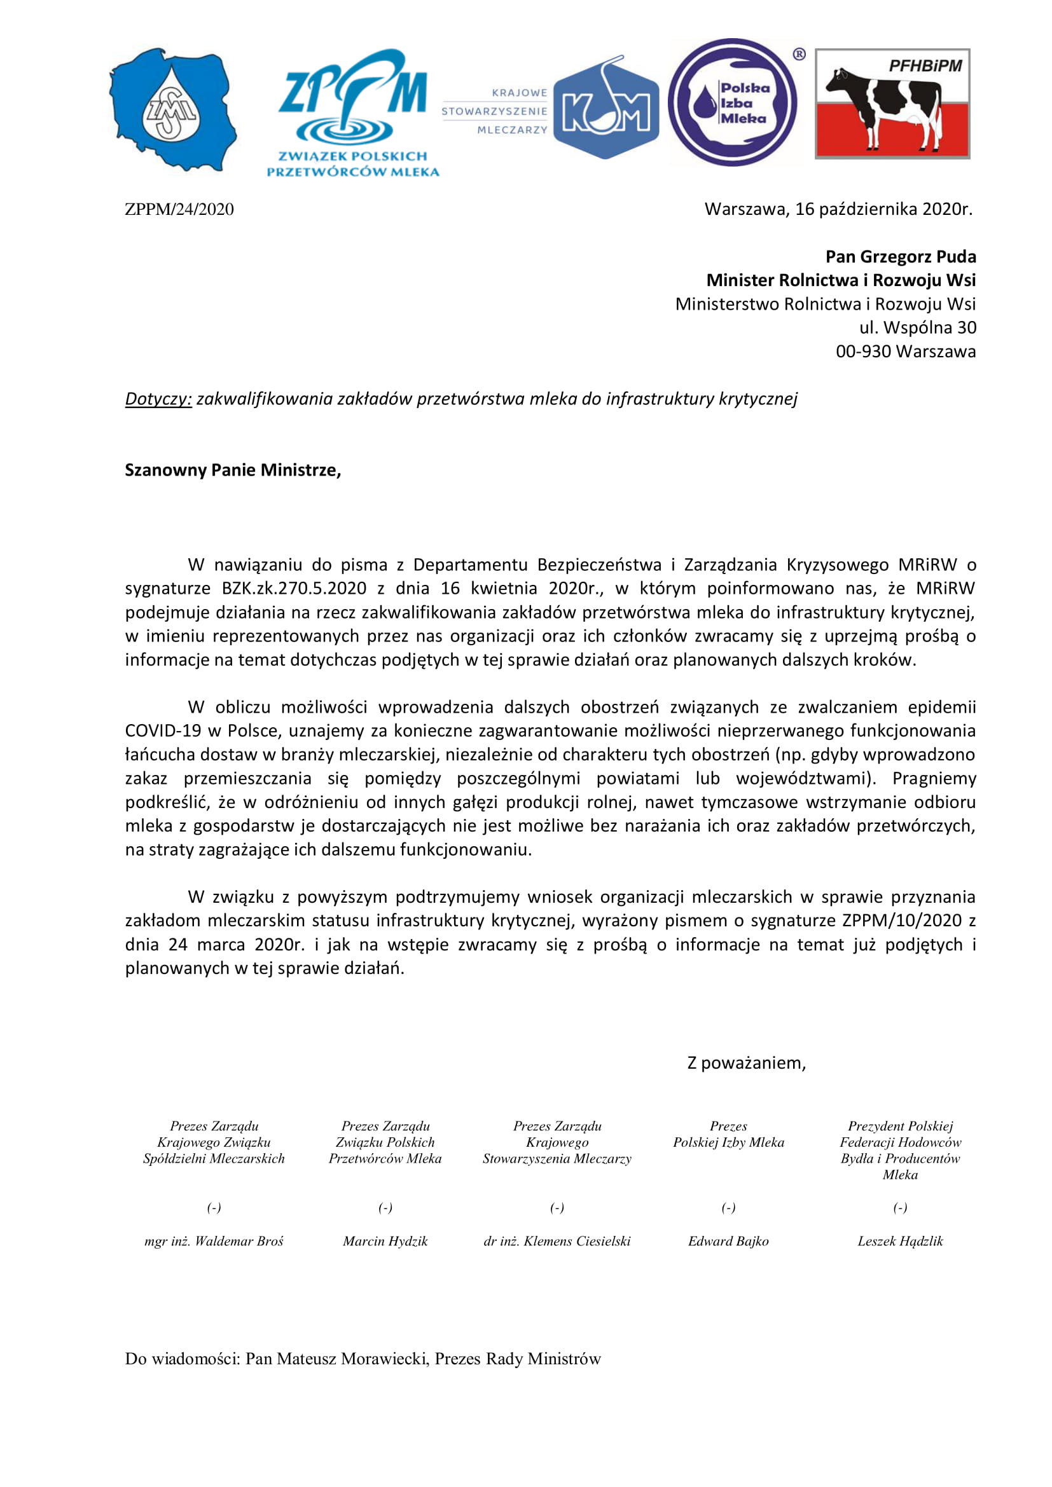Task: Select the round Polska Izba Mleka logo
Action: (x=733, y=102)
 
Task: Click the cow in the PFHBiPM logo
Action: (x=884, y=107)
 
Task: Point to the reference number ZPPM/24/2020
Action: (x=179, y=209)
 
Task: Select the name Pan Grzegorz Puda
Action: (x=901, y=257)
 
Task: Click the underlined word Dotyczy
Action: (x=158, y=399)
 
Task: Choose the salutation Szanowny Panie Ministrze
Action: (x=233, y=470)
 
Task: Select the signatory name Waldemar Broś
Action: (x=239, y=1242)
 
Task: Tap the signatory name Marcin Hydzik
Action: (x=385, y=1242)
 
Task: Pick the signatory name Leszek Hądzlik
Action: (x=900, y=1242)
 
